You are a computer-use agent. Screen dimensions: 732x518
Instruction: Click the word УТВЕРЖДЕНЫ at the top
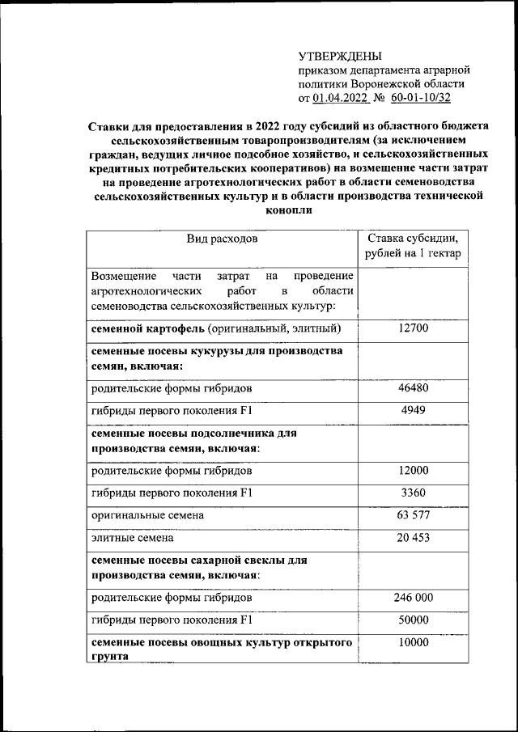click(x=339, y=56)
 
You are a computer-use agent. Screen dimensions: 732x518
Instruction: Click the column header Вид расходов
click(x=222, y=239)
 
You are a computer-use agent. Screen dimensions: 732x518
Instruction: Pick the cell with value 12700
click(x=413, y=328)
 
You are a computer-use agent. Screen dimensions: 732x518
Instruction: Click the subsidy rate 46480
click(x=413, y=387)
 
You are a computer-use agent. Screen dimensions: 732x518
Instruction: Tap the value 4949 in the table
click(x=413, y=410)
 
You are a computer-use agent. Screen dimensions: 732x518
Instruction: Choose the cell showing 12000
click(x=413, y=471)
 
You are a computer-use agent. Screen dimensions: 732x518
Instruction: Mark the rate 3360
click(x=413, y=493)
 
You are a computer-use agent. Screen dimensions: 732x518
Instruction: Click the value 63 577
click(x=413, y=514)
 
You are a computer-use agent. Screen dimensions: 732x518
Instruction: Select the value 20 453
click(x=413, y=537)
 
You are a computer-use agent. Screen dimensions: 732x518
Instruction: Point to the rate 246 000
click(x=413, y=599)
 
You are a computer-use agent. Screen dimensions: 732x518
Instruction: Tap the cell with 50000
click(x=413, y=620)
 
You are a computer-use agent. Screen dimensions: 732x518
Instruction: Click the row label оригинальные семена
click(x=147, y=514)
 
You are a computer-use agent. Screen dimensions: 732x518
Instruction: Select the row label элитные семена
click(x=133, y=537)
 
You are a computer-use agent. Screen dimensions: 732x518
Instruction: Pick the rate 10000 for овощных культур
click(x=413, y=643)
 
